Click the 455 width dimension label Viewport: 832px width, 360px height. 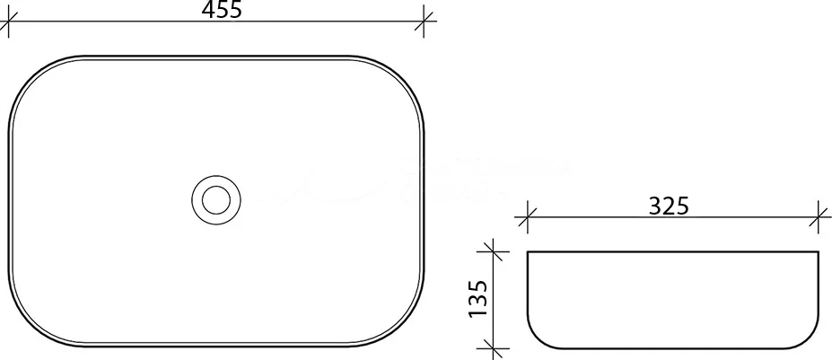(x=222, y=9)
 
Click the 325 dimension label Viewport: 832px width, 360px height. (x=669, y=206)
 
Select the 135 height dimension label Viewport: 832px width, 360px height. (x=477, y=298)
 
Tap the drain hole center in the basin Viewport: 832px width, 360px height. (x=216, y=199)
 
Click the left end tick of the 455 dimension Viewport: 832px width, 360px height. (x=8, y=22)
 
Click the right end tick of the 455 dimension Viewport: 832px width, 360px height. (x=424, y=22)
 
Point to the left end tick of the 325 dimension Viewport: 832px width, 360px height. (x=528, y=217)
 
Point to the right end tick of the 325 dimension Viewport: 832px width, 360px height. (x=819, y=217)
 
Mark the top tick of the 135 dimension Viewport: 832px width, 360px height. (x=494, y=251)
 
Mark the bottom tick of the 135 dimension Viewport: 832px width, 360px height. (x=494, y=348)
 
